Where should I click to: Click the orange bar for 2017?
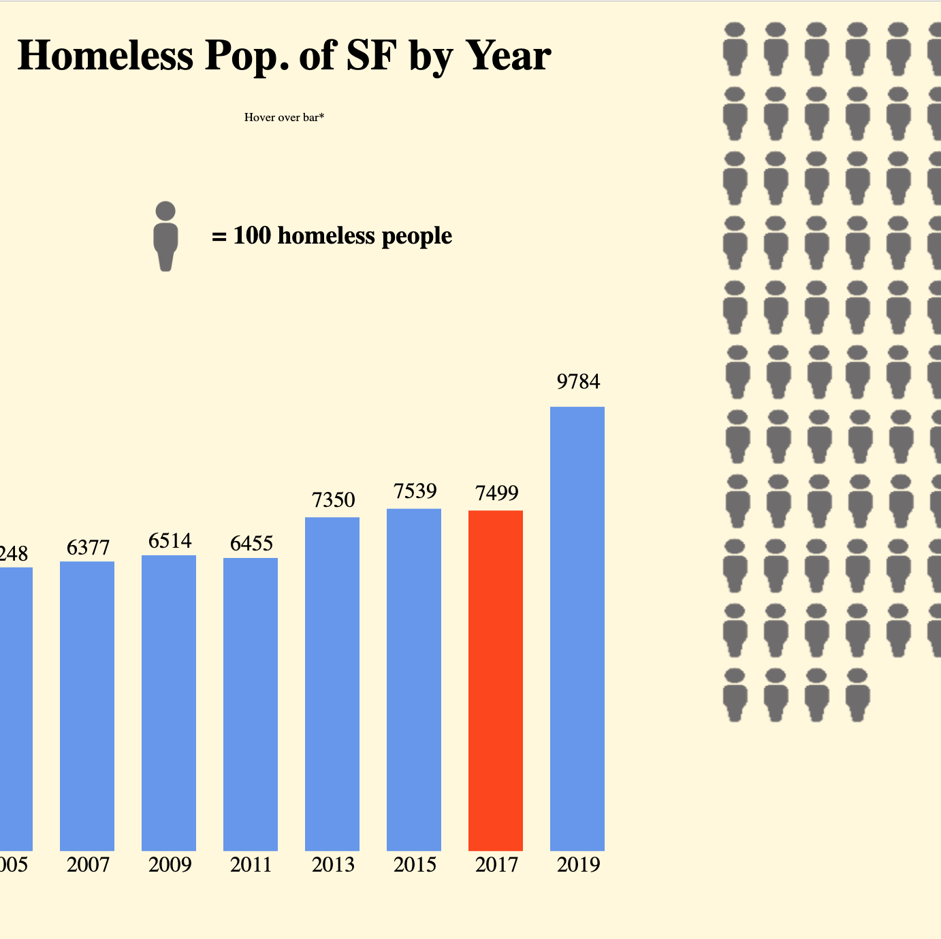click(x=496, y=680)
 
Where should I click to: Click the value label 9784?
click(x=578, y=382)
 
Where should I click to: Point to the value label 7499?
click(x=496, y=493)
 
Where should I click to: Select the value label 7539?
click(x=415, y=491)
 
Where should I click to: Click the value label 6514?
click(x=170, y=541)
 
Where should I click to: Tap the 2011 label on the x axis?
click(x=251, y=864)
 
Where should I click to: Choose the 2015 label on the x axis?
click(x=415, y=864)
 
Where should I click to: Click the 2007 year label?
click(x=88, y=864)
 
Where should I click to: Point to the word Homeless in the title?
click(x=106, y=55)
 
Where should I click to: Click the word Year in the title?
click(x=508, y=55)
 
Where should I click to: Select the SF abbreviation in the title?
click(x=371, y=55)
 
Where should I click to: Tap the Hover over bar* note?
click(x=284, y=117)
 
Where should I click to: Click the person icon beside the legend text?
click(x=165, y=236)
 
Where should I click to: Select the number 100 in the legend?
click(x=252, y=235)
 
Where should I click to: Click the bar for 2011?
click(x=251, y=704)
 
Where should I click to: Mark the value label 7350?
click(x=333, y=500)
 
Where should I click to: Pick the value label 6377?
click(x=88, y=547)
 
